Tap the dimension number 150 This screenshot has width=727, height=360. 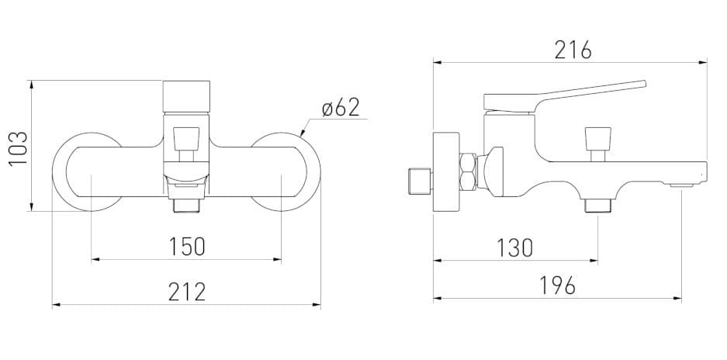point(187,246)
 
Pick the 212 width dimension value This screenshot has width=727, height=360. point(187,292)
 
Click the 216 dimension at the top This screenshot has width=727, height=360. point(573,50)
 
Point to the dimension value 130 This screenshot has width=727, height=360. point(514,248)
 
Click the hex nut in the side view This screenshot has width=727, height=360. point(469,172)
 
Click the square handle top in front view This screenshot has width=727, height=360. point(187,96)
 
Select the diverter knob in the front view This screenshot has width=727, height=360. point(187,140)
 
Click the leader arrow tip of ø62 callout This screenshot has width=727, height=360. point(301,136)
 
